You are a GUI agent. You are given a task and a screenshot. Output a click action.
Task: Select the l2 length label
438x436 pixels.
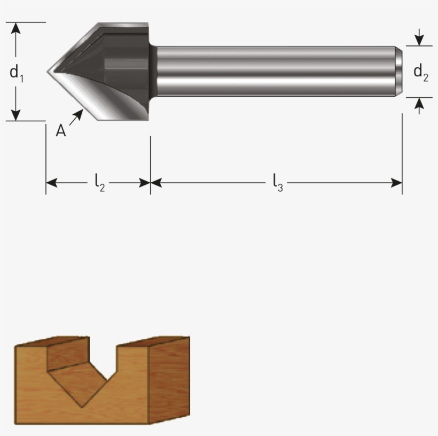99,183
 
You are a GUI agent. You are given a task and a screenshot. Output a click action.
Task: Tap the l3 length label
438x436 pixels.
277,183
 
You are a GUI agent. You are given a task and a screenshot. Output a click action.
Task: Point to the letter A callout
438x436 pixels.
61,130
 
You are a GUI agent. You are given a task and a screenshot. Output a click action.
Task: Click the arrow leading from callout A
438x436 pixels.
76,117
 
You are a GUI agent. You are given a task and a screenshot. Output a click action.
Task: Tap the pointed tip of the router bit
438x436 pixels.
49,71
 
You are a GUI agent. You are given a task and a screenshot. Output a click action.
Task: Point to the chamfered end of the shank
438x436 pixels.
399,71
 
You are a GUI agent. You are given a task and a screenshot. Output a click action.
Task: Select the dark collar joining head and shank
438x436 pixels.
153,71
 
